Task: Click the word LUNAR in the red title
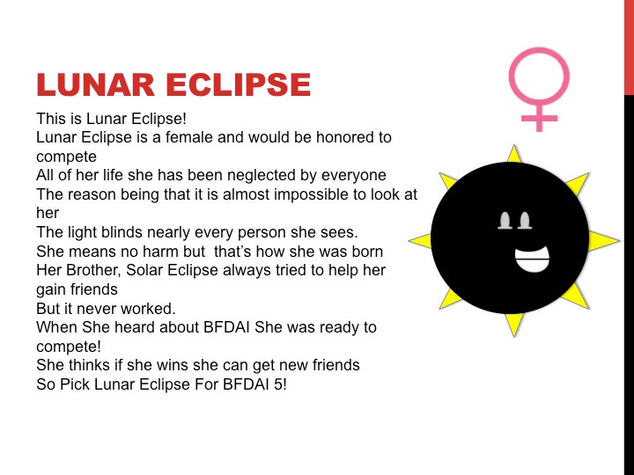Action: [x=95, y=84]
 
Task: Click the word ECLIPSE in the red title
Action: [x=238, y=84]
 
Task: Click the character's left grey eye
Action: [x=505, y=221]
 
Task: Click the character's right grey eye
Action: [x=525, y=221]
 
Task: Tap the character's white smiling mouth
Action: [x=532, y=259]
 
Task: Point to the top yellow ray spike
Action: [x=514, y=154]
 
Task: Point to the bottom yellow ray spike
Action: [x=514, y=325]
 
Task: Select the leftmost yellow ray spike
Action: [x=420, y=240]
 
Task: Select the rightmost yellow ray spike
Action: [x=603, y=241]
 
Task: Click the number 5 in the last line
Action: [x=279, y=384]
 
